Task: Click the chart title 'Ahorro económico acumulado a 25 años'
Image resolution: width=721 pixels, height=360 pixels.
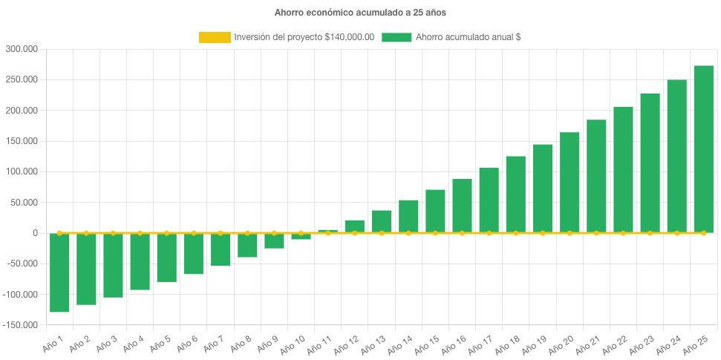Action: [x=359, y=13]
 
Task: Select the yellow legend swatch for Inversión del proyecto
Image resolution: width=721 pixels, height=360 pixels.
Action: [x=215, y=37]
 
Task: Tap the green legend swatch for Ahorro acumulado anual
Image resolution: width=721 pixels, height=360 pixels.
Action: [x=397, y=37]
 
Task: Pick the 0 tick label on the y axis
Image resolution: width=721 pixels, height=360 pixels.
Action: [x=35, y=233]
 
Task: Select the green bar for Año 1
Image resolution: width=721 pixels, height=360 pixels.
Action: [x=59, y=272]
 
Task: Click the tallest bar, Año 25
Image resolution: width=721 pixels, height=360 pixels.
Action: [x=703, y=149]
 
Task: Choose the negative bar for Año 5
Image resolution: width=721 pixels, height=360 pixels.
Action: [x=166, y=258]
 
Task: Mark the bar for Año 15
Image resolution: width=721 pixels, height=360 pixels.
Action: [x=435, y=211]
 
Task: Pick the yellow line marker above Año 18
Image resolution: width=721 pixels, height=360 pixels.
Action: [x=515, y=233]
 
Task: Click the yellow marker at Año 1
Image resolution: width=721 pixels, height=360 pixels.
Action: [x=59, y=233]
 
